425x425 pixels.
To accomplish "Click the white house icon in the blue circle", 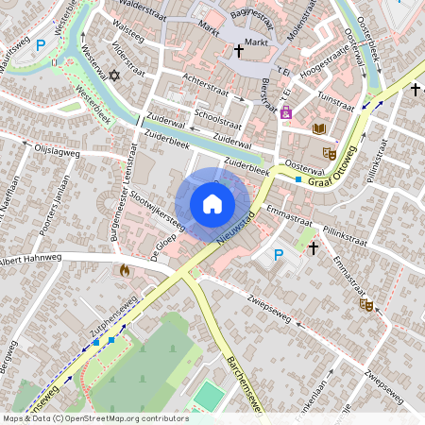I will coord(212,203).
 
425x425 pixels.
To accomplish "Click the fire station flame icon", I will coord(124,270).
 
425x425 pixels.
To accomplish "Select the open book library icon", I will coord(319,128).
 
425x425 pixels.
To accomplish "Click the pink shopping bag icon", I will coord(286,112).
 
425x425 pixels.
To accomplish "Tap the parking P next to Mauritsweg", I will coord(41,43).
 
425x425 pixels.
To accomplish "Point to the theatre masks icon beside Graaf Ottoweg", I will coord(330,153).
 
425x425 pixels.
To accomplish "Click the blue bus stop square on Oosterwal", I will coord(298,178).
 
